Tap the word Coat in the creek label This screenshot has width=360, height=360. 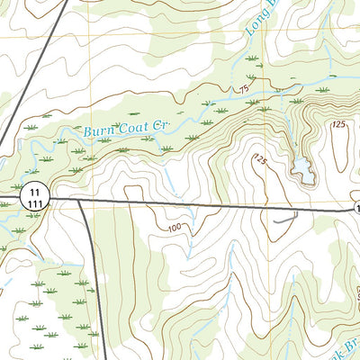(132, 126)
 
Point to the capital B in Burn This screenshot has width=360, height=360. (89, 132)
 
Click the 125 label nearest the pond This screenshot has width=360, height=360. (260, 159)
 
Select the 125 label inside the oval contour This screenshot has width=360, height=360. (338, 123)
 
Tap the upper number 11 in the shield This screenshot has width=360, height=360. (34, 192)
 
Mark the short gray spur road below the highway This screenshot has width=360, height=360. (286, 218)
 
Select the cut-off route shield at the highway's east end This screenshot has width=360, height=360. (356, 208)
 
